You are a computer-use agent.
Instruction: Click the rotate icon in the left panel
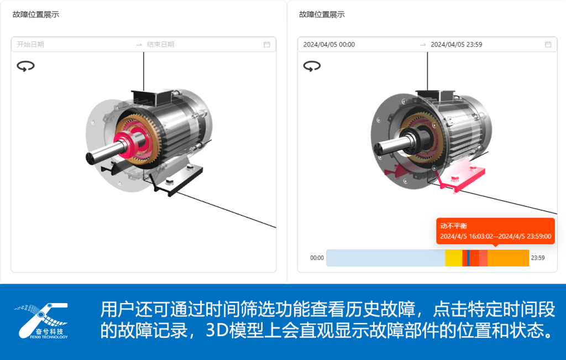[25, 66]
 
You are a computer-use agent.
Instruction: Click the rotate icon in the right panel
[312, 66]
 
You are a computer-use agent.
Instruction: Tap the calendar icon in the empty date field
[267, 44]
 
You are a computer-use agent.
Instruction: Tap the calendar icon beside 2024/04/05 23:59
[548, 44]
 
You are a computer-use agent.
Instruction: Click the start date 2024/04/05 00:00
[329, 44]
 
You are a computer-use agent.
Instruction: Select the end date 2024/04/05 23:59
[456, 44]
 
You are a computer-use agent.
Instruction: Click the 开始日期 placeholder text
[30, 44]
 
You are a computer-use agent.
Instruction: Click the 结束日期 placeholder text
[160, 44]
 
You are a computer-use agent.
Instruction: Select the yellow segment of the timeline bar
[454, 258]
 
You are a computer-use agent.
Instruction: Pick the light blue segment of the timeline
[385, 258]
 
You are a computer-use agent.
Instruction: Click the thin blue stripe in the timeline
[468, 258]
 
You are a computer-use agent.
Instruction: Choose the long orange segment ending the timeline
[509, 258]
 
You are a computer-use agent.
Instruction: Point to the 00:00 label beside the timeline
[317, 258]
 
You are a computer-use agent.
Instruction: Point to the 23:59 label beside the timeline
[538, 258]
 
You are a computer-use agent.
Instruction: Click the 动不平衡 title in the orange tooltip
[454, 226]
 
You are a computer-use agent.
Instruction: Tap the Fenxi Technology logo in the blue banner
[41, 321]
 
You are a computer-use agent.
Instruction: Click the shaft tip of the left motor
[90, 158]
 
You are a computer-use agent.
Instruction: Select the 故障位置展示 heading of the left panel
[36, 14]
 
